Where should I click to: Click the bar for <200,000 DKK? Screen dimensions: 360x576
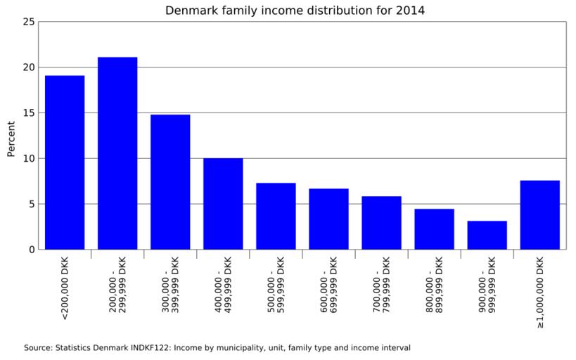click(65, 162)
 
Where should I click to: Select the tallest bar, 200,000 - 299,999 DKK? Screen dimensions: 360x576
click(117, 153)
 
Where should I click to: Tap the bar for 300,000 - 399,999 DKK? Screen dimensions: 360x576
click(170, 181)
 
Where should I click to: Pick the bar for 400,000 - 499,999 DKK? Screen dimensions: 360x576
click(223, 204)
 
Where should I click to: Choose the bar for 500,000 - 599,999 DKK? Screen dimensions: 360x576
click(276, 216)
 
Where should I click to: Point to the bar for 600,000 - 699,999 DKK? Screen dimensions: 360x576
click(328, 219)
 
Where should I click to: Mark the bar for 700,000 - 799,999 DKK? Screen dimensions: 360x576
click(381, 223)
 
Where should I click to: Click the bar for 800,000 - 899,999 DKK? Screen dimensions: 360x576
click(434, 229)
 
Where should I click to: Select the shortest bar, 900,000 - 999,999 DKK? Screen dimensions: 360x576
click(487, 235)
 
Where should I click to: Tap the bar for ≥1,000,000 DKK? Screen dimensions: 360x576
click(539, 215)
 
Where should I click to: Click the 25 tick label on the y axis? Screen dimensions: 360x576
click(28, 22)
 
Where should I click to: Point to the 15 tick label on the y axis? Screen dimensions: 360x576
click(28, 113)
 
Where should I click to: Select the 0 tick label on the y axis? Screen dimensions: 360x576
click(31, 250)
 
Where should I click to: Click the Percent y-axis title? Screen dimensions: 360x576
click(11, 138)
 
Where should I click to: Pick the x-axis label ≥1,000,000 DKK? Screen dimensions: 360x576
click(540, 292)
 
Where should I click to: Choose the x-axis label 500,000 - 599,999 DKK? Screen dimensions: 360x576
click(276, 289)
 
